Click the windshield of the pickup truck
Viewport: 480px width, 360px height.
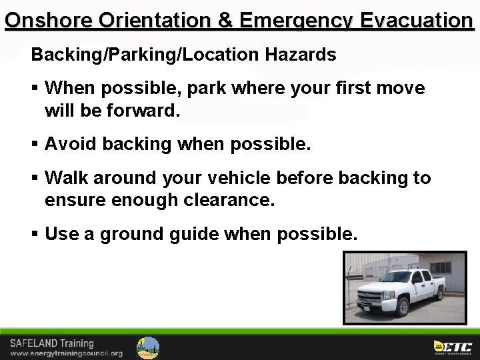coord(397,277)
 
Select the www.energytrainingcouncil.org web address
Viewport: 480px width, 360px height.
coord(66,353)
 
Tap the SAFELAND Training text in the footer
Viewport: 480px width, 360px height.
coord(52,343)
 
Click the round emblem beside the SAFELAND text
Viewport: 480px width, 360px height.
coord(148,347)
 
